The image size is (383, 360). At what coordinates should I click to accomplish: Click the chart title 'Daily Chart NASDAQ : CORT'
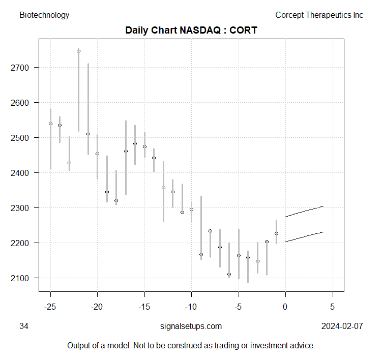pyautogui.click(x=191, y=30)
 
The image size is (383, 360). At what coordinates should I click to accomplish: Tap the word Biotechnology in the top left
pyautogui.click(x=44, y=15)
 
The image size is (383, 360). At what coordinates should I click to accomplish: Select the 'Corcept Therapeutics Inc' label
pyautogui.click(x=319, y=15)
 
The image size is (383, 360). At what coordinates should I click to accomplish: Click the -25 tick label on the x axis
pyautogui.click(x=50, y=307)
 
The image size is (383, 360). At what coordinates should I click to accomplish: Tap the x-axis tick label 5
pyautogui.click(x=333, y=307)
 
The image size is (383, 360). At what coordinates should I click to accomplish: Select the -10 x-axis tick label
pyautogui.click(x=191, y=307)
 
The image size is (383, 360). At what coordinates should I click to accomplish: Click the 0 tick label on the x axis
pyautogui.click(x=285, y=307)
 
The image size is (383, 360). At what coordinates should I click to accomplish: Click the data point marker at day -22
pyautogui.click(x=78, y=51)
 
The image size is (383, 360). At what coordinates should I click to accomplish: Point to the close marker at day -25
pyautogui.click(x=50, y=124)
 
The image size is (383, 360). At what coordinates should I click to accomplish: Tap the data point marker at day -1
pyautogui.click(x=276, y=234)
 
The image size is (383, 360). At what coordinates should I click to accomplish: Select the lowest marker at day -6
pyautogui.click(x=229, y=275)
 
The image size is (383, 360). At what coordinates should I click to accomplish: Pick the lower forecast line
pyautogui.click(x=304, y=236)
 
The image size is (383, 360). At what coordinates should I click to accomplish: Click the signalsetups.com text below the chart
pyautogui.click(x=191, y=326)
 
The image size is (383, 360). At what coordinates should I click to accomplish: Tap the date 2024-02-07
pyautogui.click(x=342, y=326)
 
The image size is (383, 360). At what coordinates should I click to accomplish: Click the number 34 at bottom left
pyautogui.click(x=23, y=326)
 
